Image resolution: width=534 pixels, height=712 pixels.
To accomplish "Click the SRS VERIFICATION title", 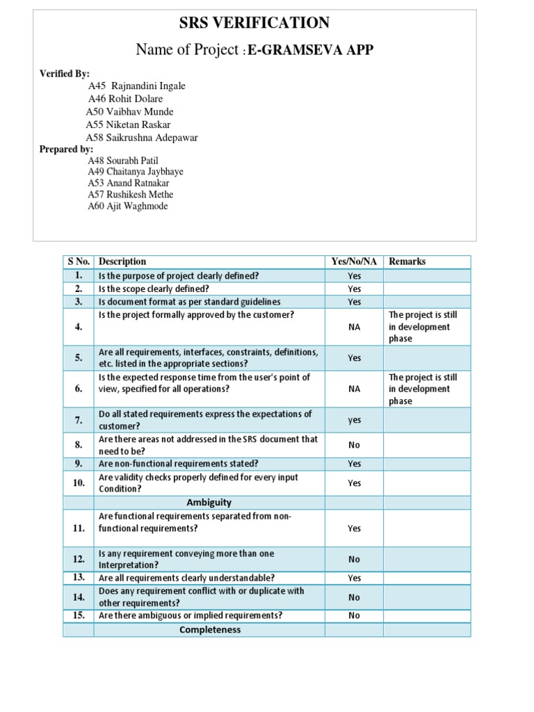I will pyautogui.click(x=254, y=23).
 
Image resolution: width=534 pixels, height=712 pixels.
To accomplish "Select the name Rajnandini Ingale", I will pyautogui.click(x=147, y=86).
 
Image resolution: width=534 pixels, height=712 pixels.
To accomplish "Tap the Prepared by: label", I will pyautogui.click(x=66, y=149).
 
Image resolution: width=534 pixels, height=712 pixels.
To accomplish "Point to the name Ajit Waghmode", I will pyautogui.click(x=128, y=207).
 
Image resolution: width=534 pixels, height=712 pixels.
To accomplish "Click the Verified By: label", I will pyautogui.click(x=65, y=74).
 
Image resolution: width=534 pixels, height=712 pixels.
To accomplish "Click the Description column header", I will pyautogui.click(x=122, y=261).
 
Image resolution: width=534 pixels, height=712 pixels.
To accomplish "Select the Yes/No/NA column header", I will pyautogui.click(x=355, y=261).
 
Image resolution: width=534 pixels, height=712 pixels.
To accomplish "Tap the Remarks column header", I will pyautogui.click(x=407, y=261).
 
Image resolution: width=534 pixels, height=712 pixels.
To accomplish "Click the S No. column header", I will pyautogui.click(x=79, y=261).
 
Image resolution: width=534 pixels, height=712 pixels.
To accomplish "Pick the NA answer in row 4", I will pyautogui.click(x=354, y=327).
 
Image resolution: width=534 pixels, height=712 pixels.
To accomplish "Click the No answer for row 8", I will pyautogui.click(x=354, y=445).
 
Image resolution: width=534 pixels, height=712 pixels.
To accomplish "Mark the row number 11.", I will pyautogui.click(x=79, y=528).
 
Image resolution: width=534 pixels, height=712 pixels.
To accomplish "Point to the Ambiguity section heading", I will pyautogui.click(x=209, y=502).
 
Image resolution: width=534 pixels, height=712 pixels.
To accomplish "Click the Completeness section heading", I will pyautogui.click(x=209, y=630).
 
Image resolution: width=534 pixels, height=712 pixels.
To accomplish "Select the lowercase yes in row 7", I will pyautogui.click(x=354, y=420).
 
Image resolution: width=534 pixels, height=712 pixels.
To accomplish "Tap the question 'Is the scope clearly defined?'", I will pyautogui.click(x=154, y=289).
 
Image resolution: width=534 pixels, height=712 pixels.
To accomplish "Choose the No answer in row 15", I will pyautogui.click(x=354, y=615).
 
